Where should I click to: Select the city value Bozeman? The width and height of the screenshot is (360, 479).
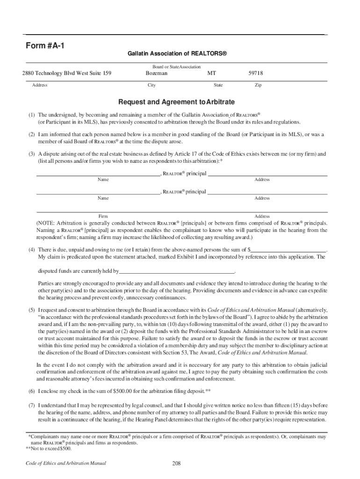coord(156,73)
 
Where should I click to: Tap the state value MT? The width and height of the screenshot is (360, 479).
coord(212,73)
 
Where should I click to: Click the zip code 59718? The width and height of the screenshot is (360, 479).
coord(255,73)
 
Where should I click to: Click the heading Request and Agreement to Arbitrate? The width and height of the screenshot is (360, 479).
coord(176,102)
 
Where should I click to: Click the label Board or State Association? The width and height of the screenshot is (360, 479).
coord(176,67)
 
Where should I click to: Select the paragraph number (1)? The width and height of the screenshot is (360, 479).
coord(31,115)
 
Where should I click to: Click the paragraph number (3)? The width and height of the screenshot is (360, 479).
coord(31,154)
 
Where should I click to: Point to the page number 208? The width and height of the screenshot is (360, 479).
coord(176,464)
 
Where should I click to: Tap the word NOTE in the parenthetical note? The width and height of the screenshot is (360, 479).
coord(49,223)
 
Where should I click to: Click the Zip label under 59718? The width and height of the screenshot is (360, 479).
coord(258,85)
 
